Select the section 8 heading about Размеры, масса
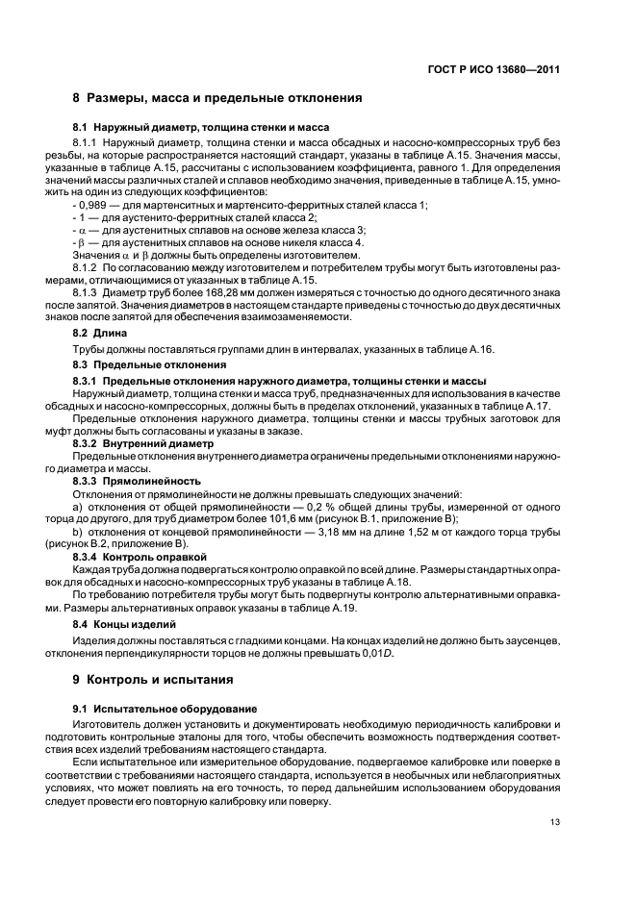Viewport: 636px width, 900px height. [217, 98]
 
